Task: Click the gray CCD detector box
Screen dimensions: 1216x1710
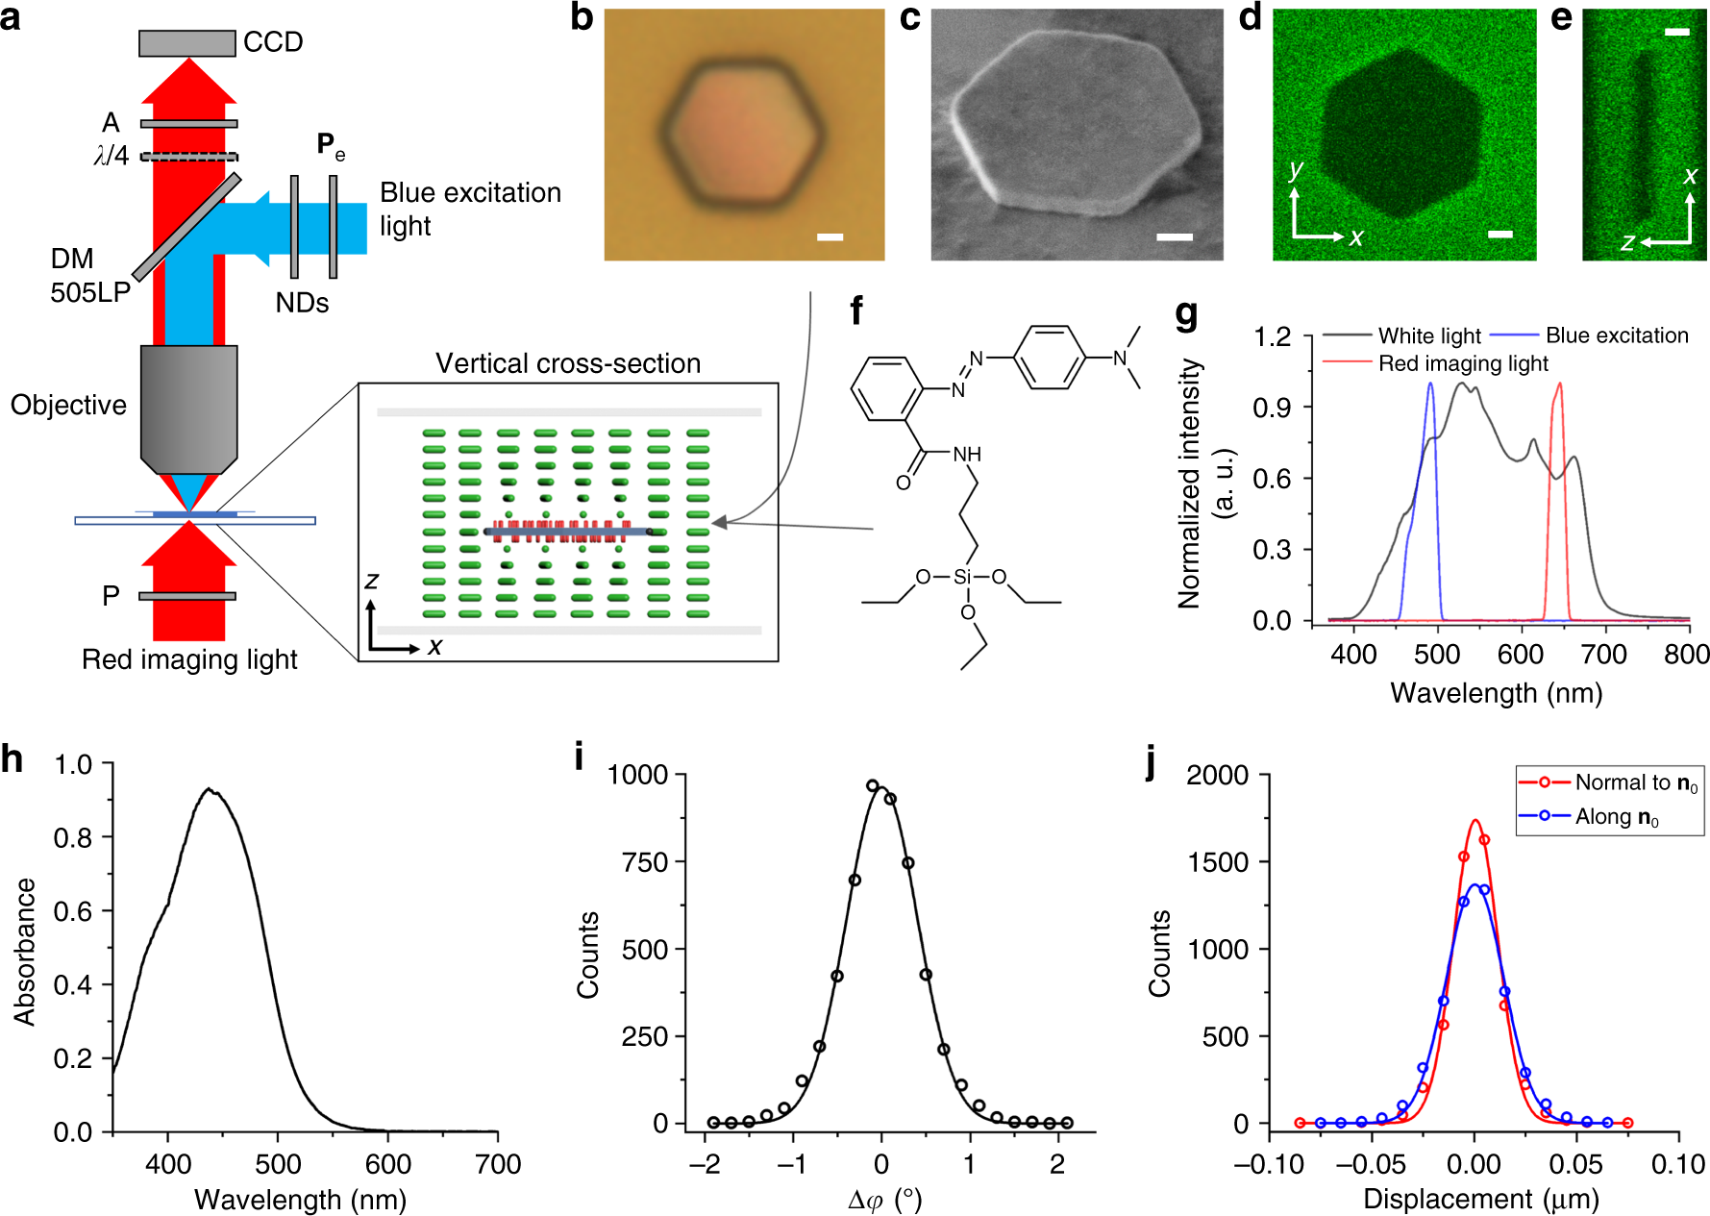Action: click(x=186, y=43)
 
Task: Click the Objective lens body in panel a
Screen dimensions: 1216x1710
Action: click(x=188, y=404)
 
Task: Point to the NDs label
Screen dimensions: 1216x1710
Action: click(x=302, y=303)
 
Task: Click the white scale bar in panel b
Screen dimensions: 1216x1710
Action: click(x=830, y=236)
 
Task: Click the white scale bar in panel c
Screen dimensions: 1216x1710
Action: click(x=1174, y=236)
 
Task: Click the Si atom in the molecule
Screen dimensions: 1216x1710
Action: click(x=962, y=577)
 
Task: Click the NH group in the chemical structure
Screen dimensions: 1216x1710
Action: click(x=967, y=454)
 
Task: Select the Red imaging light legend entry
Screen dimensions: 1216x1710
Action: click(x=1462, y=363)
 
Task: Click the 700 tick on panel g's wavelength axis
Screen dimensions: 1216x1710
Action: click(x=1603, y=655)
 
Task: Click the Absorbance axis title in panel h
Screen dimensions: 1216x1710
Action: click(x=24, y=951)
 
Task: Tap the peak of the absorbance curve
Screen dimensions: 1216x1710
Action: click(x=209, y=790)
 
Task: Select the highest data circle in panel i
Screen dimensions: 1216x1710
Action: click(x=873, y=785)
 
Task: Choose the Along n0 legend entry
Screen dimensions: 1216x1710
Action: click(x=1616, y=817)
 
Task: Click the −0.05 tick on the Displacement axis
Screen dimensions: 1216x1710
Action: click(x=1372, y=1164)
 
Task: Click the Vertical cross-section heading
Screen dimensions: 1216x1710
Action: click(x=567, y=363)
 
